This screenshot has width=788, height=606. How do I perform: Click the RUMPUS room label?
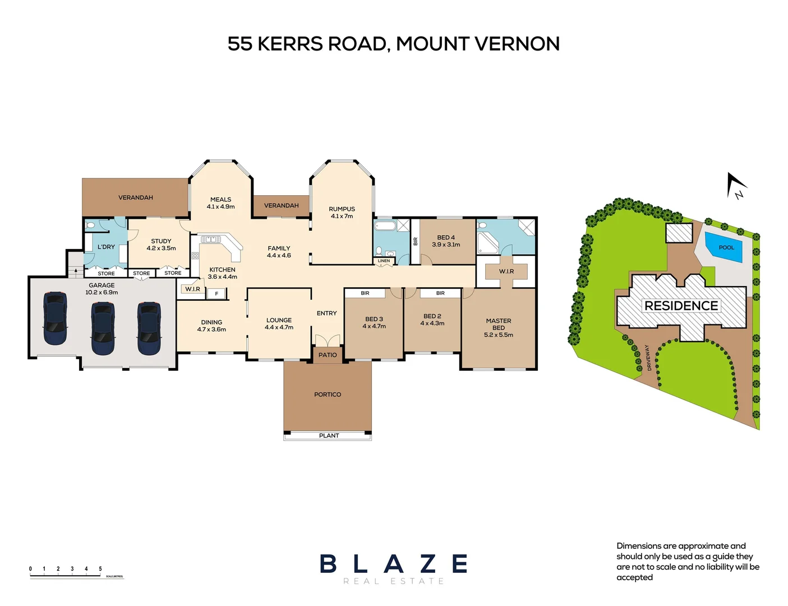(342, 209)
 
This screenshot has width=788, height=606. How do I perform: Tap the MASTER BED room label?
(498, 324)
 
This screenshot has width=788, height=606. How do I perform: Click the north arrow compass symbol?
(735, 186)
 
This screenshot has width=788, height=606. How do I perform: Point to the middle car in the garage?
(103, 328)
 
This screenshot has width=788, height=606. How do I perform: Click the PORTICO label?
(328, 394)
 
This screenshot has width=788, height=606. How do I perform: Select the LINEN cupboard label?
(384, 261)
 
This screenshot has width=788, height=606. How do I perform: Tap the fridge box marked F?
(216, 293)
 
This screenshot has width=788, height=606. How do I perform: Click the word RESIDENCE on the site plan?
(681, 306)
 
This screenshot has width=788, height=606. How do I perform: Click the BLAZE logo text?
(393, 564)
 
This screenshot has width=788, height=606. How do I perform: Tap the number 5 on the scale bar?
(100, 569)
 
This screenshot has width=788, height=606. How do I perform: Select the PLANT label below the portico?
(329, 435)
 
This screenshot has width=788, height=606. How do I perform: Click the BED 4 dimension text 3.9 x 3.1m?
(446, 245)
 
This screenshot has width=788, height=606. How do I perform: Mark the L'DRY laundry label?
(106, 247)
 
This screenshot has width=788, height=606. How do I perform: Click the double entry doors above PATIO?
(328, 341)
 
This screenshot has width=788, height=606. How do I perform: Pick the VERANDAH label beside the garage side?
(136, 198)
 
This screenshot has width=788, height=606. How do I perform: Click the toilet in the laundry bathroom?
(91, 226)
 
